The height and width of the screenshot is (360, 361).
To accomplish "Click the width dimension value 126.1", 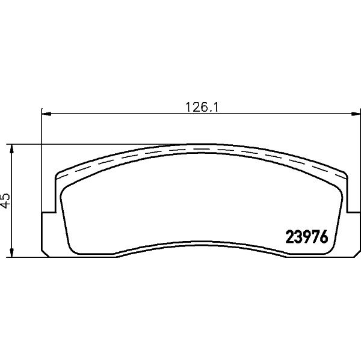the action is [202, 107].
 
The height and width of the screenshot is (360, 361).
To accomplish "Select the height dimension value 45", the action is [5, 200].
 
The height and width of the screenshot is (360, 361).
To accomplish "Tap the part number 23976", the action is [307, 237].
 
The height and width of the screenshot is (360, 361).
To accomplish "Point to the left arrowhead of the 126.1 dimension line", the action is [47, 114].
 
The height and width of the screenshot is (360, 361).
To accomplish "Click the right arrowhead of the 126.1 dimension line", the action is [356, 114].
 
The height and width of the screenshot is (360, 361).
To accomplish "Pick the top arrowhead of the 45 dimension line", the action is [11, 149].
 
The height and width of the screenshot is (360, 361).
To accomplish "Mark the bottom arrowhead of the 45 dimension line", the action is [11, 252].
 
